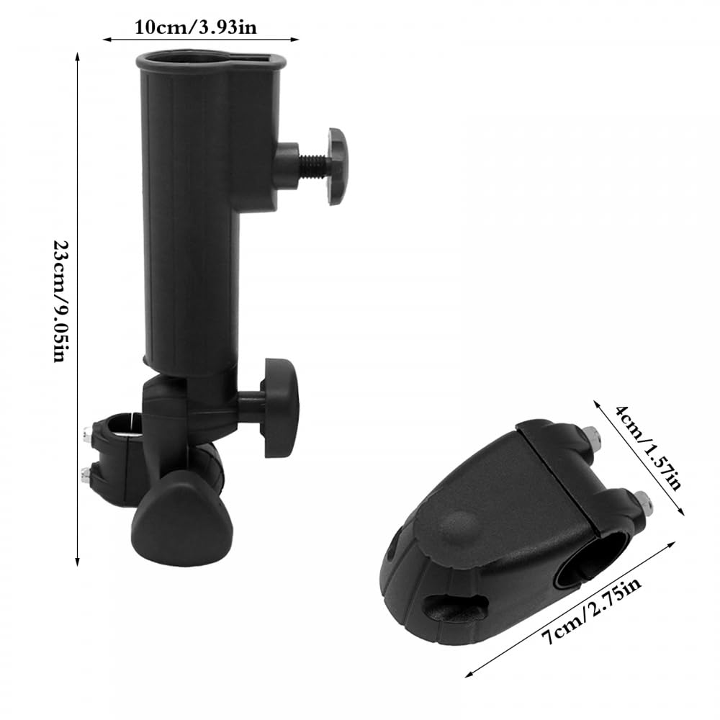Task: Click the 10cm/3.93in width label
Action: tap(196, 28)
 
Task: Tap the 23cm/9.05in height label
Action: tap(61, 301)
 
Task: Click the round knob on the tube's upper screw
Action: tap(338, 166)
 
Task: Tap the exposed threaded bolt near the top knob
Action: tap(314, 166)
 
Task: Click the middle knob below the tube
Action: tap(279, 408)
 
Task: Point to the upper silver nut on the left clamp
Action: tap(87, 434)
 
